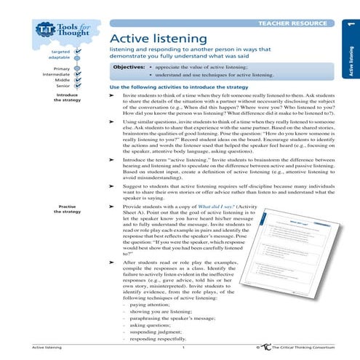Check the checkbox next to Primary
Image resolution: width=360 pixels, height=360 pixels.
click(x=79, y=69)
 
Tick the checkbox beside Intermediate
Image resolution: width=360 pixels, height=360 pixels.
click(x=79, y=75)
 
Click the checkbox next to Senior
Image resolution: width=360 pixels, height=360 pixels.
click(x=79, y=87)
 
